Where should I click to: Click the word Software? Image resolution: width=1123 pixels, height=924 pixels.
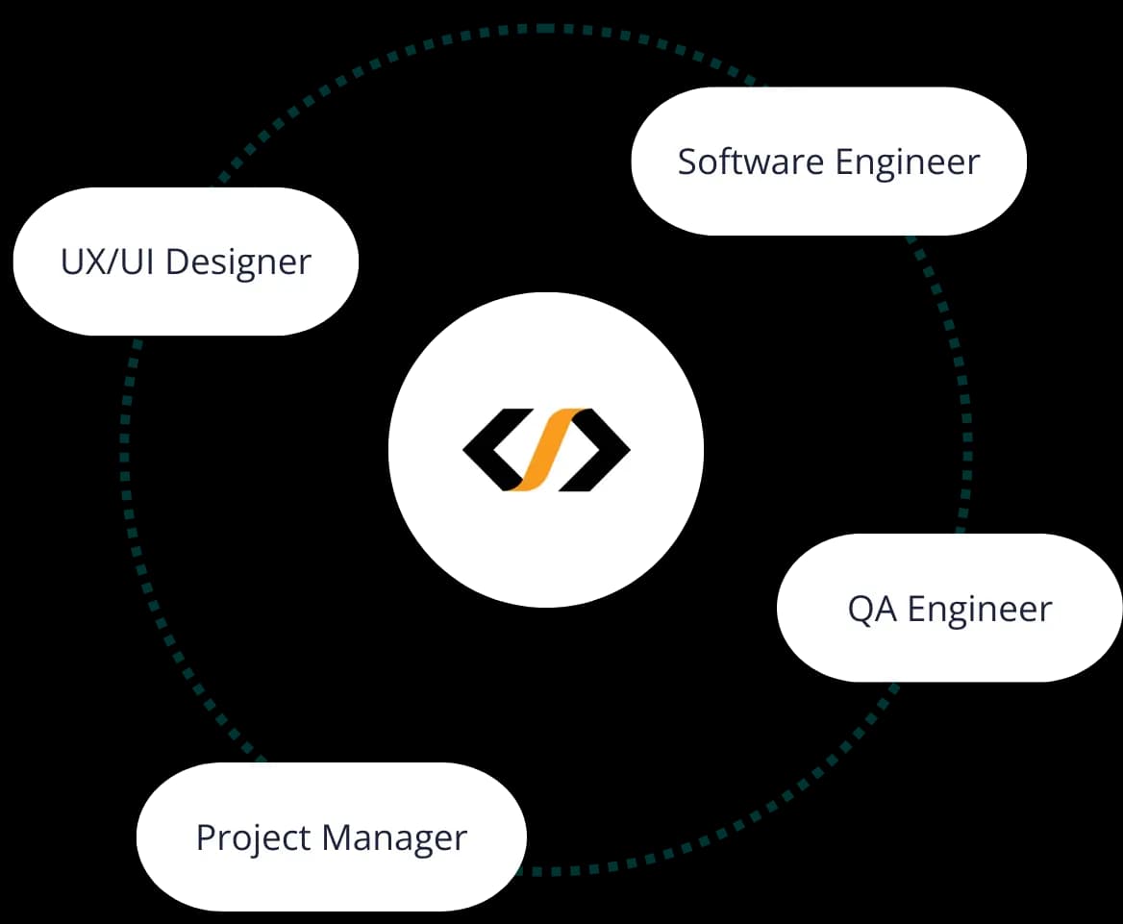pos(750,162)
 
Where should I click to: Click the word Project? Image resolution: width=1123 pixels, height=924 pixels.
pos(253,838)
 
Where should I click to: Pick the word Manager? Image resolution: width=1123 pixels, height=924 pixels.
pos(394,838)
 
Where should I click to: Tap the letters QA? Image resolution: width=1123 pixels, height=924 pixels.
pos(872,610)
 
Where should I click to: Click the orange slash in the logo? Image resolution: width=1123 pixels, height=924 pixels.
pos(545,449)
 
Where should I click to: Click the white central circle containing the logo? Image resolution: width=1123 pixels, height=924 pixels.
pos(545,538)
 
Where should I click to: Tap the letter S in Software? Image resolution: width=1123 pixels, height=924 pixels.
pos(686,162)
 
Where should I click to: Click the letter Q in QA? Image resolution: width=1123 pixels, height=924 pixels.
pos(861,610)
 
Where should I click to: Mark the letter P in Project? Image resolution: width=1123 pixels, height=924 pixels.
pos(204,837)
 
